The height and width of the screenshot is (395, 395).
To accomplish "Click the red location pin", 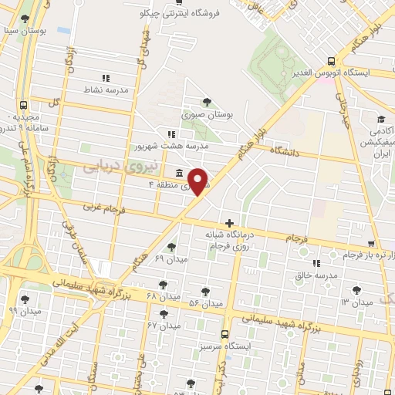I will [198, 181].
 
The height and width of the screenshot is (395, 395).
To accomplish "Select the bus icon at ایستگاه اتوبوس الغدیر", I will [331, 61].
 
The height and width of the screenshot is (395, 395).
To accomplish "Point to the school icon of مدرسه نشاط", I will [106, 78].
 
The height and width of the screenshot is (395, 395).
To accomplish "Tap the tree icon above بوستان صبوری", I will [206, 101].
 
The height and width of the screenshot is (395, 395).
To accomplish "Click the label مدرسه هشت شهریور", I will [173, 145].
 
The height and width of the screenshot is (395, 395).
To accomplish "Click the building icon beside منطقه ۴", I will [179, 172].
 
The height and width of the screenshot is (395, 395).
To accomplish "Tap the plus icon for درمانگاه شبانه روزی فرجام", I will [229, 223].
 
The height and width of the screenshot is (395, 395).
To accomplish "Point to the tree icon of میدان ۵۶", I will [204, 292].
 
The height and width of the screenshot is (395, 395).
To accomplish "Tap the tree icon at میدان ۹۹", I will [25, 299].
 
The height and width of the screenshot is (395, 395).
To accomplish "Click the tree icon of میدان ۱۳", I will [356, 290].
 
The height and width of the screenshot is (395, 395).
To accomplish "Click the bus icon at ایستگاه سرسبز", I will [225, 335].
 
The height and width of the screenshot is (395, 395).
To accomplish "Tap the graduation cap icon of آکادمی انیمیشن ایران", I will [381, 119].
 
